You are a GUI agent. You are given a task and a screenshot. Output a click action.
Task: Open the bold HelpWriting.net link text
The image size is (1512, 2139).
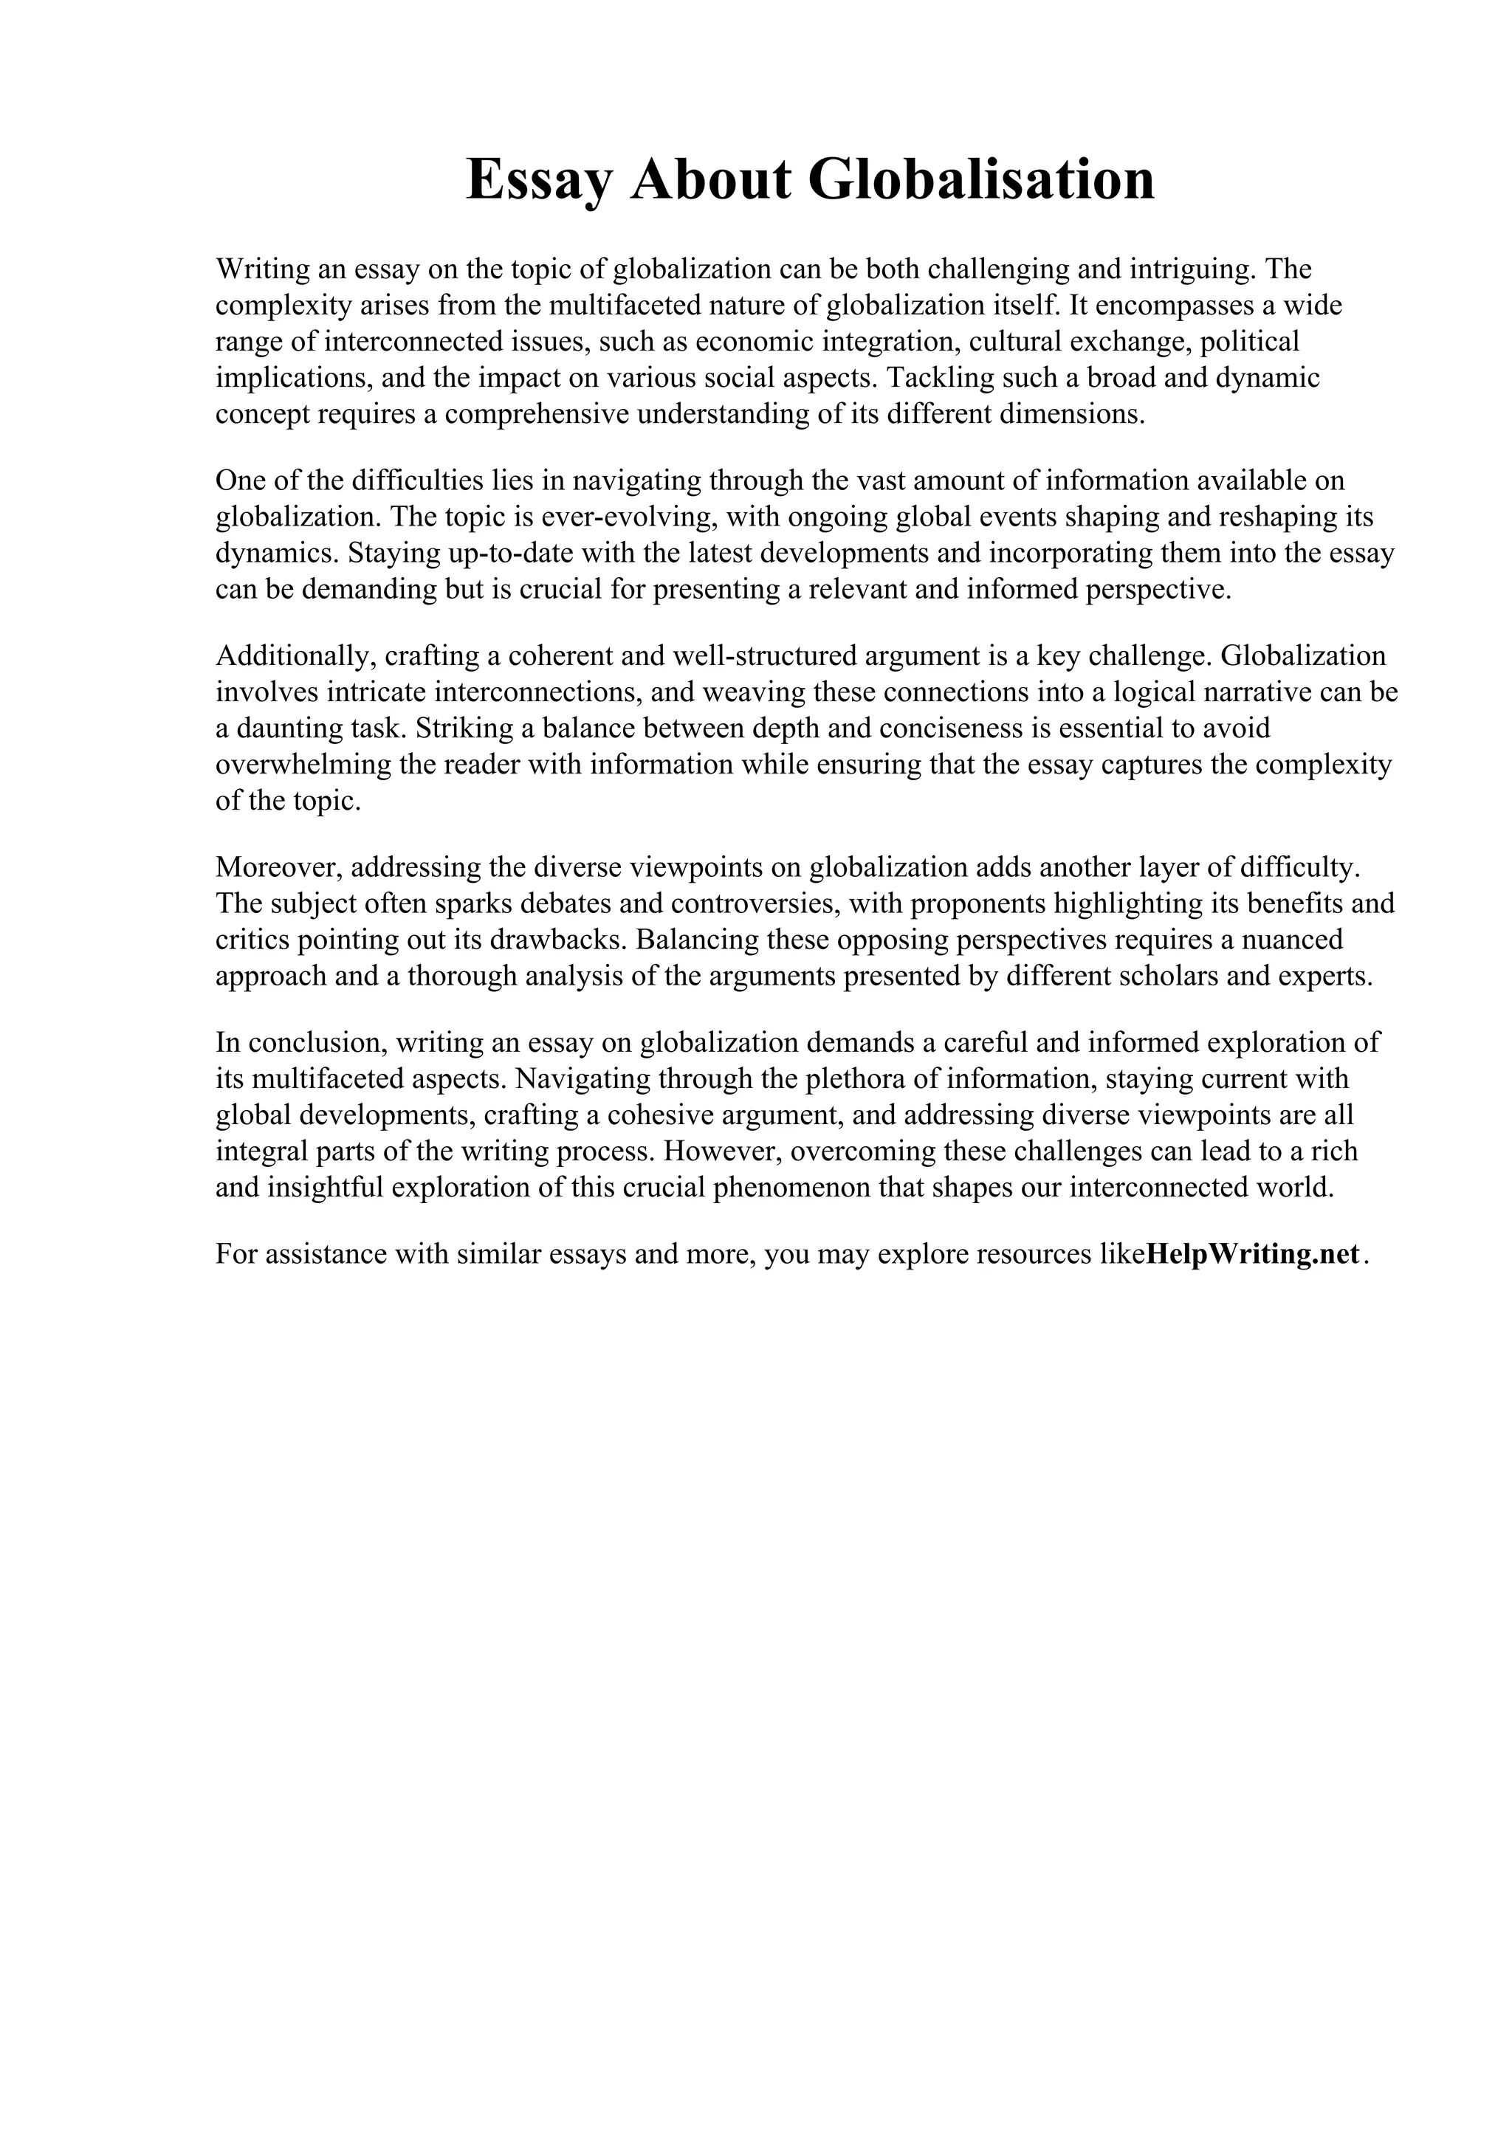point(1252,1255)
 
